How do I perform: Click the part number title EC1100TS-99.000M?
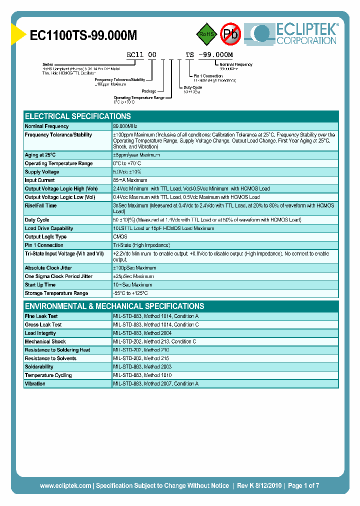[83, 35]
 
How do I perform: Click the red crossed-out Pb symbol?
[230, 34]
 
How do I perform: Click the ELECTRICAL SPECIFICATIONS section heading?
[77, 116]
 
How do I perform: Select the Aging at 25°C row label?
[40, 155]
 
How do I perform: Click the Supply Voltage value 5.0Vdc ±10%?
[131, 172]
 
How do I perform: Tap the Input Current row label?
[39, 180]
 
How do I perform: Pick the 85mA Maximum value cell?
[130, 180]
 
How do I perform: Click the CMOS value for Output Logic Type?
[120, 237]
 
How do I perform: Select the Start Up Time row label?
[40, 285]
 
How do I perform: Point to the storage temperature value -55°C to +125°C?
[130, 293]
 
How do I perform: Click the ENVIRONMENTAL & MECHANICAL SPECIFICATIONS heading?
[114, 306]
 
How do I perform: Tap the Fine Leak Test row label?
[41, 316]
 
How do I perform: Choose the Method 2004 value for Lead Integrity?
[143, 333]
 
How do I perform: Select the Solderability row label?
[39, 367]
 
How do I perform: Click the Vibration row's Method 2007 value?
[155, 384]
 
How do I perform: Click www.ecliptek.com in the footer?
[65, 485]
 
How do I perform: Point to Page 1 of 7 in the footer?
[303, 485]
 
